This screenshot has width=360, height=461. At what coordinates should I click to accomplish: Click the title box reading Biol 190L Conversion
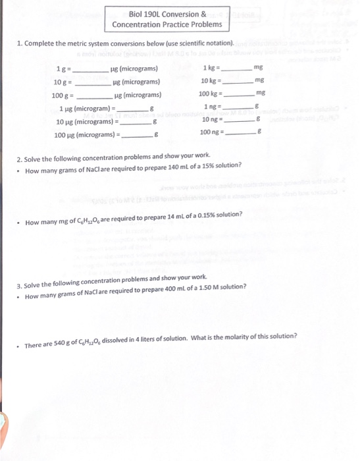[x=167, y=19]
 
